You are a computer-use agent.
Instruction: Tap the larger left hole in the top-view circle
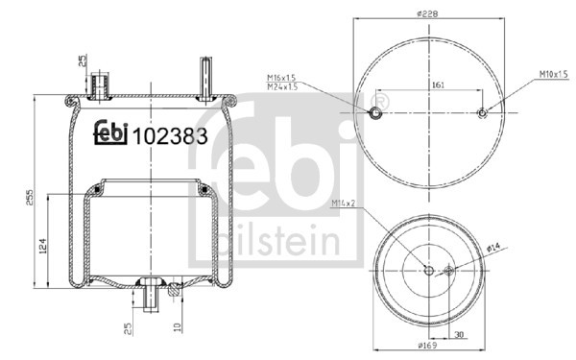click(375, 114)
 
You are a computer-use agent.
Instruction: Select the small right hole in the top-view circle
click(482, 114)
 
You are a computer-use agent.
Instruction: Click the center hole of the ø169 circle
click(428, 271)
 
